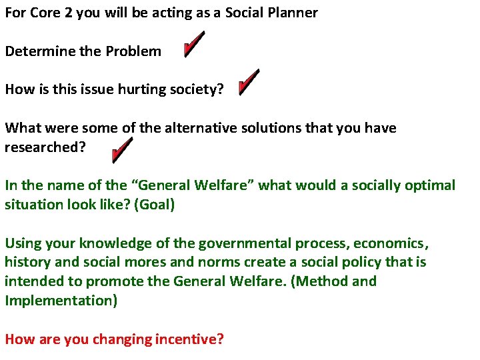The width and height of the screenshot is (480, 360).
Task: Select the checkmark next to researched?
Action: click(123, 151)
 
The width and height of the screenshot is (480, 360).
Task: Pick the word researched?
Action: click(45, 147)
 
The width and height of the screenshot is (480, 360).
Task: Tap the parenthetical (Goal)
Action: click(155, 204)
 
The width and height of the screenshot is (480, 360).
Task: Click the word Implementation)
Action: click(61, 301)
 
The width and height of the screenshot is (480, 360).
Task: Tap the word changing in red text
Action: click(123, 339)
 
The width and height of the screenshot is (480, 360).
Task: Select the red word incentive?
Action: click(189, 339)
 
